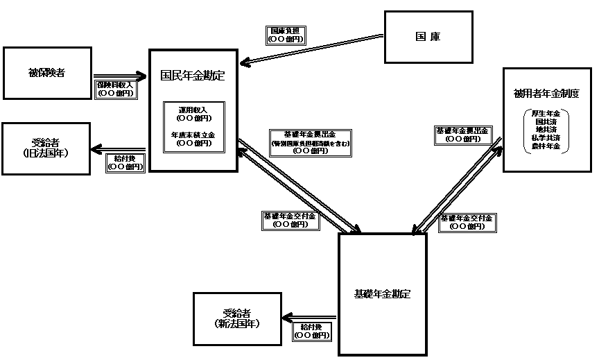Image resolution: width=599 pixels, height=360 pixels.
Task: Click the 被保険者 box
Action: (47, 73)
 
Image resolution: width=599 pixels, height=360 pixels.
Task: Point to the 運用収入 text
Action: (193, 110)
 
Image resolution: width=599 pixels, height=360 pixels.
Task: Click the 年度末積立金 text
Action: (193, 135)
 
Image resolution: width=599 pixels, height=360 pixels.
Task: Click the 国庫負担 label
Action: (285, 31)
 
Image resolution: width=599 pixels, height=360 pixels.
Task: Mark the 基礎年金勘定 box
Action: (382, 294)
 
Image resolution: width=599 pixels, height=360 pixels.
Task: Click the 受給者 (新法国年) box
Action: (237, 318)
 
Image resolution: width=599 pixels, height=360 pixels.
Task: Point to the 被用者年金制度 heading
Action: (546, 94)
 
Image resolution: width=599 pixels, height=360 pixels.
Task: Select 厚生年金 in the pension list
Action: (546, 113)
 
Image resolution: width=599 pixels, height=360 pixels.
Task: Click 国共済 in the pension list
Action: (546, 121)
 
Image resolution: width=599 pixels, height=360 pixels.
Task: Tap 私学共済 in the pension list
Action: (546, 138)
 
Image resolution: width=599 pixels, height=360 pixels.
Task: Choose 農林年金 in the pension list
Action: (546, 146)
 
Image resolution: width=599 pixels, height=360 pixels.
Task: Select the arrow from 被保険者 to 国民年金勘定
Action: (121, 74)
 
